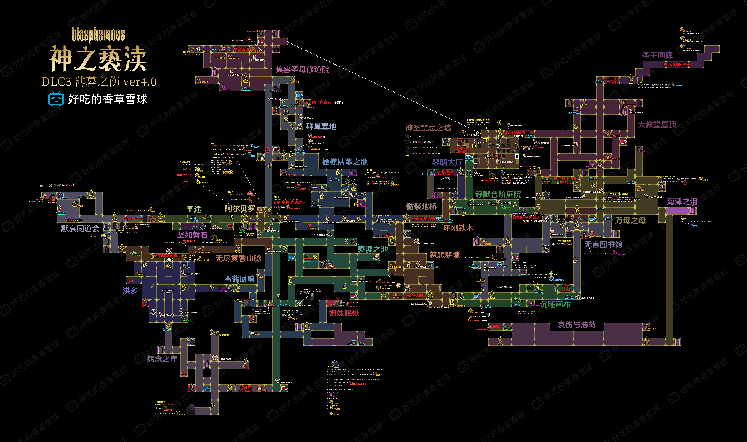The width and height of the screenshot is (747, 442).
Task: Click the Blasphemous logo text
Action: [98, 35]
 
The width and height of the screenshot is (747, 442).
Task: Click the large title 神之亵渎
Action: [98, 59]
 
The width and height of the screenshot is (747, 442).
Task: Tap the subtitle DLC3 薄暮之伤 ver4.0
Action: [99, 82]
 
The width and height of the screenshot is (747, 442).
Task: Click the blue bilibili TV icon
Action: [56, 99]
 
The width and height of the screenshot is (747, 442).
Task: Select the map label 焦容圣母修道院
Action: [302, 69]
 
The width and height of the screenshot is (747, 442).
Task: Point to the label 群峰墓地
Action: [321, 127]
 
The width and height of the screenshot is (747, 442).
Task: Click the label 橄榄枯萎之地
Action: [345, 162]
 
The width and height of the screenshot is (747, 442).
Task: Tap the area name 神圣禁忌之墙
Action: [428, 128]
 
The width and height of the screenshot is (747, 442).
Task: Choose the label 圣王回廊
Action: [658, 55]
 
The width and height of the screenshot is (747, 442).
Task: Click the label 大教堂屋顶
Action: [657, 125]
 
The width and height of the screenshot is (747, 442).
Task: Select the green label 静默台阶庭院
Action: [498, 195]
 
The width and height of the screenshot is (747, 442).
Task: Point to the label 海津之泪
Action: [682, 202]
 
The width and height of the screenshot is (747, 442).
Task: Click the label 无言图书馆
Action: [603, 245]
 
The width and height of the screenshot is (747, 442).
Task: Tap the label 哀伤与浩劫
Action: [576, 325]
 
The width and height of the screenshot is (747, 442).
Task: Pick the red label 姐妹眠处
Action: [344, 313]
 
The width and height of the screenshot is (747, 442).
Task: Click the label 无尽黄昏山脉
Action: [238, 258]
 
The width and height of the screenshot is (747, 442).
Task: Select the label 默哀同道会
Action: [80, 228]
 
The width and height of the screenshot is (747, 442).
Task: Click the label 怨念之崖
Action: [162, 359]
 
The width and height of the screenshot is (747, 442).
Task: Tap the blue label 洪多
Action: [130, 291]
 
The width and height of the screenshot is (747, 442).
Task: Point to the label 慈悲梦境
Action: [445, 255]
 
